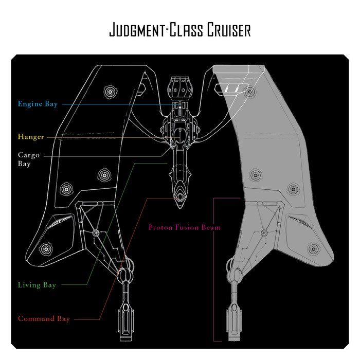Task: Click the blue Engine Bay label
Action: click(x=38, y=104)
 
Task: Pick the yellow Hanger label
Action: click(x=31, y=137)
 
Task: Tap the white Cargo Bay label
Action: click(x=25, y=159)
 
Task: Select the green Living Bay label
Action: click(x=37, y=285)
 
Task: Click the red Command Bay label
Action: click(x=44, y=319)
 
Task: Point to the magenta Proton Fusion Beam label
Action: click(x=184, y=227)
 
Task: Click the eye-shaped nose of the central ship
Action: click(x=179, y=197)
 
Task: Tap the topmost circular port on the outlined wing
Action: click(x=110, y=92)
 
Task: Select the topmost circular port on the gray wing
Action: click(x=250, y=92)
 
